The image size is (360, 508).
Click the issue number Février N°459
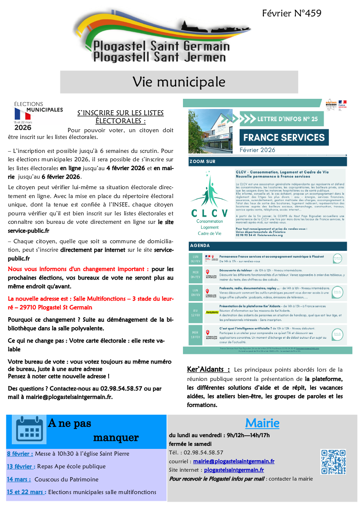point(292,14)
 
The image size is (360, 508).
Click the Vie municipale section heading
point(179,81)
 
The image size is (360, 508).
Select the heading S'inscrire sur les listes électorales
point(120,117)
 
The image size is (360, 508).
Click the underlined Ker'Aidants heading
point(208,369)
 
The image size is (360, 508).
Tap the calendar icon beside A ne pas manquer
point(30,429)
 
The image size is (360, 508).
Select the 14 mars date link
point(19,479)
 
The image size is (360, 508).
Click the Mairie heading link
point(262,423)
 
